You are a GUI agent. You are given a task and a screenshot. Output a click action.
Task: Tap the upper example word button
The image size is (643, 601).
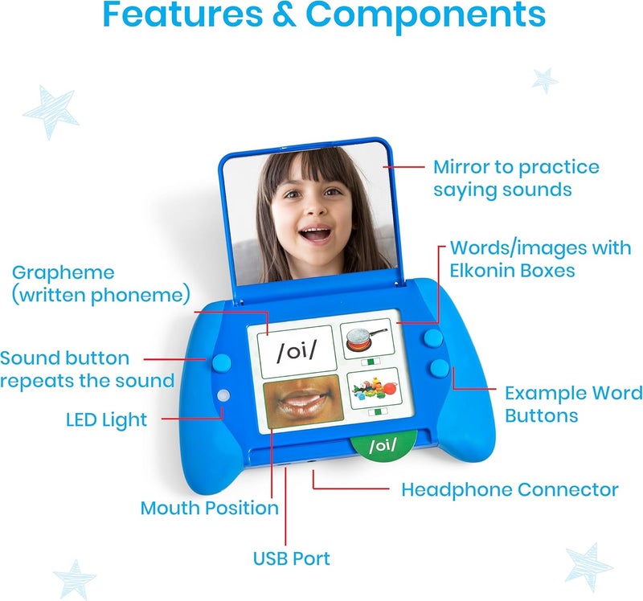434,338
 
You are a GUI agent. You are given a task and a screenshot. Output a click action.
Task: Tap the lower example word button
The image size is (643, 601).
439,369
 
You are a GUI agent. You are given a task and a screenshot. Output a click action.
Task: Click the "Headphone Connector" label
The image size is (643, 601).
510,489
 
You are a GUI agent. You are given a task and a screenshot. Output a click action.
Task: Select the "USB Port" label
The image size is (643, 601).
291,558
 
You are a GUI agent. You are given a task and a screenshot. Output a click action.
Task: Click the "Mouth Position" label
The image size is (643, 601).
209,508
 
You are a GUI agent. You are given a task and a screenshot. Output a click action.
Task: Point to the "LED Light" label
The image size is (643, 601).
106,419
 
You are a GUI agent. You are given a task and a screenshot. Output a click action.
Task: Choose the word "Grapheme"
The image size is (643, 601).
63,272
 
